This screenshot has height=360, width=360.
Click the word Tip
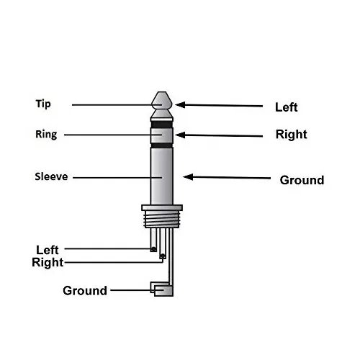(x=43, y=103)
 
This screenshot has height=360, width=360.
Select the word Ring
(x=45, y=134)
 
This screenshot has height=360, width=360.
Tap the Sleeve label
(x=50, y=176)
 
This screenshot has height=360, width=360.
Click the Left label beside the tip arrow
(x=286, y=108)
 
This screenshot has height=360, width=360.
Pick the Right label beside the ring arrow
(x=291, y=135)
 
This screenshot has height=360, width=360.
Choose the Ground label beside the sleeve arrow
(x=302, y=180)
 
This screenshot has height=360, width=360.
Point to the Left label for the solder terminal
(x=48, y=250)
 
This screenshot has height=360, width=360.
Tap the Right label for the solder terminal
(x=48, y=262)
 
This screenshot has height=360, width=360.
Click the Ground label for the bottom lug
(x=85, y=291)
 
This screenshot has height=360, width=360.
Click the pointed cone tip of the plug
(x=162, y=99)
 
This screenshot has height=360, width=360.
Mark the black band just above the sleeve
(x=162, y=143)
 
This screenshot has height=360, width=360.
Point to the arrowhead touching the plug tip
(x=180, y=104)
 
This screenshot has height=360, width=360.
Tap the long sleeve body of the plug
(x=162, y=176)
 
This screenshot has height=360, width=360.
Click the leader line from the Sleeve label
(x=115, y=176)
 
